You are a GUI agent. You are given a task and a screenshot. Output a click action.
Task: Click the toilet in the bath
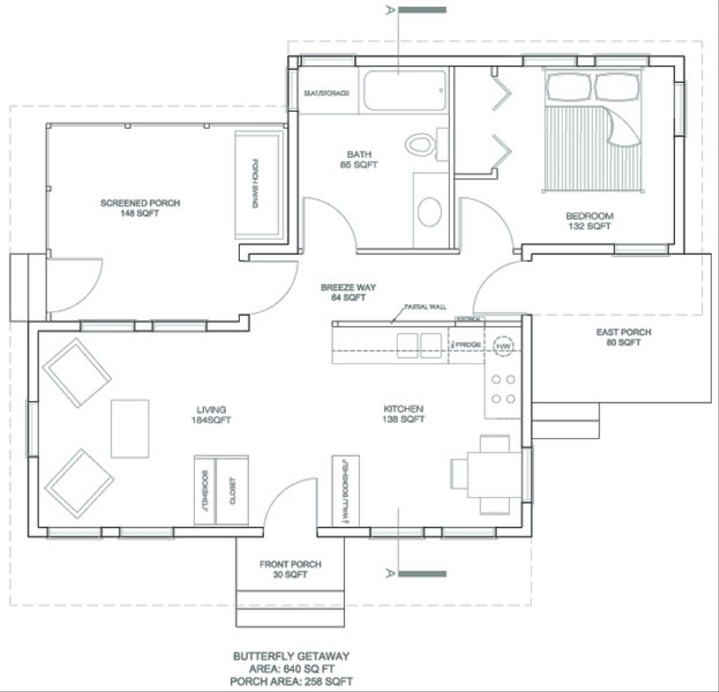tap(420, 145)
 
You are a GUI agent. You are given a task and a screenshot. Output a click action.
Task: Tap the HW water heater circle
tap(503, 345)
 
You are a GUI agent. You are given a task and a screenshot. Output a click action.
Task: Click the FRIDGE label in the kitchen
tap(468, 345)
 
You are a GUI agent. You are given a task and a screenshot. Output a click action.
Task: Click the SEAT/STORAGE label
tap(326, 93)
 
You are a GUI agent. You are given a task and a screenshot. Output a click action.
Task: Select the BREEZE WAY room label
tap(348, 287)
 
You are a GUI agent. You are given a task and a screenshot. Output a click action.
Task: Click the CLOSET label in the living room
tap(232, 491)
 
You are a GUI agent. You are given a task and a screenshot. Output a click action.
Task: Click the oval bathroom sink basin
tap(429, 211)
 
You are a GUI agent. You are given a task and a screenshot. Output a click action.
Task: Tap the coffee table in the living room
tap(130, 429)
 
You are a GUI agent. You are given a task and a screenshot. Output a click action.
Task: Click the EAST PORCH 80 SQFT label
tap(624, 337)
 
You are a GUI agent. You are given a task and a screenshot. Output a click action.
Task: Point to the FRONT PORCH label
tap(291, 564)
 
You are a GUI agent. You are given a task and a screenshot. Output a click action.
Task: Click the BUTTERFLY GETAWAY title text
tap(291, 656)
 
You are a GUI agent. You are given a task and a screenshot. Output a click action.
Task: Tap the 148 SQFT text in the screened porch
tap(140, 213)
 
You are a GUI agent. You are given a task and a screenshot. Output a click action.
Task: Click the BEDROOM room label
tap(590, 216)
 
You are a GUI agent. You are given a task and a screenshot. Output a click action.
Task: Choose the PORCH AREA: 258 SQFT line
tap(291, 681)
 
